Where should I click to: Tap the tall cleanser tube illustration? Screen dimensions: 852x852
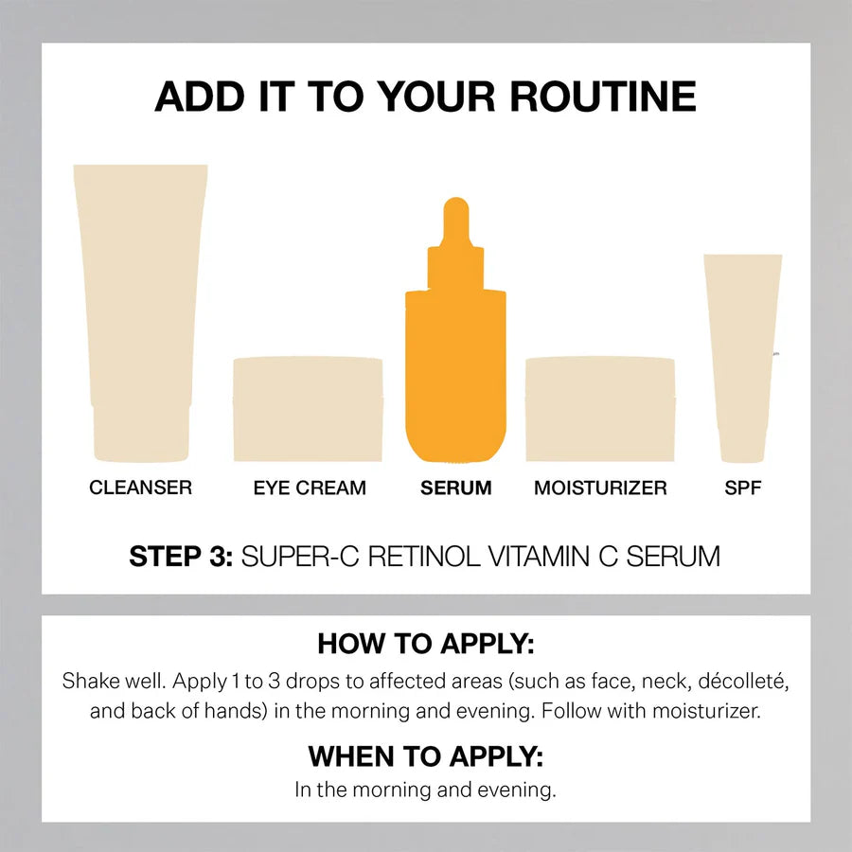point(140,284)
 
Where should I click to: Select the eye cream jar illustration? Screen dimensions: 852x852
point(308,409)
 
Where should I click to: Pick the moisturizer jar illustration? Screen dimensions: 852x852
point(600,409)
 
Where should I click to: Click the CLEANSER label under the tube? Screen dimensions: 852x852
point(140,488)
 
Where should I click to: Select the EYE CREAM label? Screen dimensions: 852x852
point(310,488)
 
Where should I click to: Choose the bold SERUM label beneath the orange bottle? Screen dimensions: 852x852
point(456,488)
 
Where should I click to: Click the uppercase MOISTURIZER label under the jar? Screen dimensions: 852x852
point(600,488)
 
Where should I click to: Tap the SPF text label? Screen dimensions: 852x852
point(743,488)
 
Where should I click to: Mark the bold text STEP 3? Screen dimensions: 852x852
point(181,556)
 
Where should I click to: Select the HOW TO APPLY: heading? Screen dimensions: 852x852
point(426,644)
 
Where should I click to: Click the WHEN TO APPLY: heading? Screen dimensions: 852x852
point(426,757)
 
